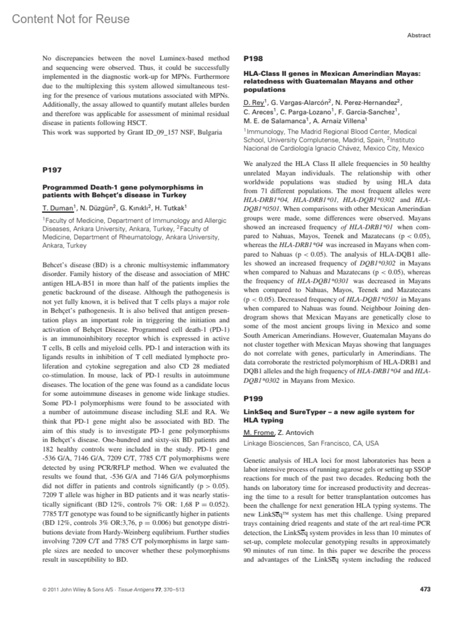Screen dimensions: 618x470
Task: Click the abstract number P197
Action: (x=52, y=170)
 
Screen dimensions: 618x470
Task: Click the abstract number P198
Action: (x=253, y=59)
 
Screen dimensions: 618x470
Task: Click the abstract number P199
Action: (x=253, y=399)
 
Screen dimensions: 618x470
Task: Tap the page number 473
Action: (x=425, y=589)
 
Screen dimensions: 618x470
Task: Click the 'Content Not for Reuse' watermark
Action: (x=70, y=19)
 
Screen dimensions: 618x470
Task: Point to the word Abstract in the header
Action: (x=419, y=35)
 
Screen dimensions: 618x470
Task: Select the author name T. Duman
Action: (x=58, y=208)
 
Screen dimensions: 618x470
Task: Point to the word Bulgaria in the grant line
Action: (x=210, y=132)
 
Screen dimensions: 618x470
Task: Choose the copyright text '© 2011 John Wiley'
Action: (x=67, y=589)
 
